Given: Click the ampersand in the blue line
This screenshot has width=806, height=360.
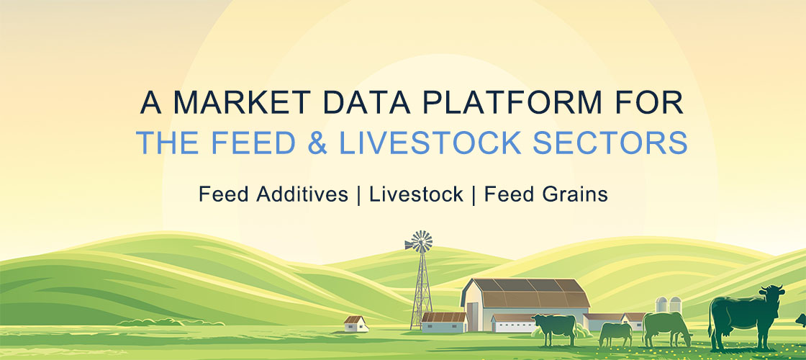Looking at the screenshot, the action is (317, 143).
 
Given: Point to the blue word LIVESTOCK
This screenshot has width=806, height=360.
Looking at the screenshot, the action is (430, 143).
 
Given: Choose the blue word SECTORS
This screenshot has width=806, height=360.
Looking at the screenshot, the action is (610, 143).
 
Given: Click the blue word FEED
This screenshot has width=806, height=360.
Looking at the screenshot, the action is (254, 143).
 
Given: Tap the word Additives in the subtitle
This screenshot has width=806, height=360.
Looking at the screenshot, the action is (302, 194).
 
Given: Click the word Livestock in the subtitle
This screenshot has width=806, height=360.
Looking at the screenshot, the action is (417, 194).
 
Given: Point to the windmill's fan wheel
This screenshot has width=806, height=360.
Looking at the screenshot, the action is (419, 242).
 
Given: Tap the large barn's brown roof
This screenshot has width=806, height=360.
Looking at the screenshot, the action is (526, 293).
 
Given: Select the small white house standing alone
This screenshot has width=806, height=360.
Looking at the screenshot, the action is (356, 323).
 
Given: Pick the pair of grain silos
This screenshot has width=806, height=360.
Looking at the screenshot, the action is (669, 305).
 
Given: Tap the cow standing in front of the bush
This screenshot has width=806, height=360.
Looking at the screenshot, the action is (555, 328).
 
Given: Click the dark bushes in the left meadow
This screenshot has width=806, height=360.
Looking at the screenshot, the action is (170, 322).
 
